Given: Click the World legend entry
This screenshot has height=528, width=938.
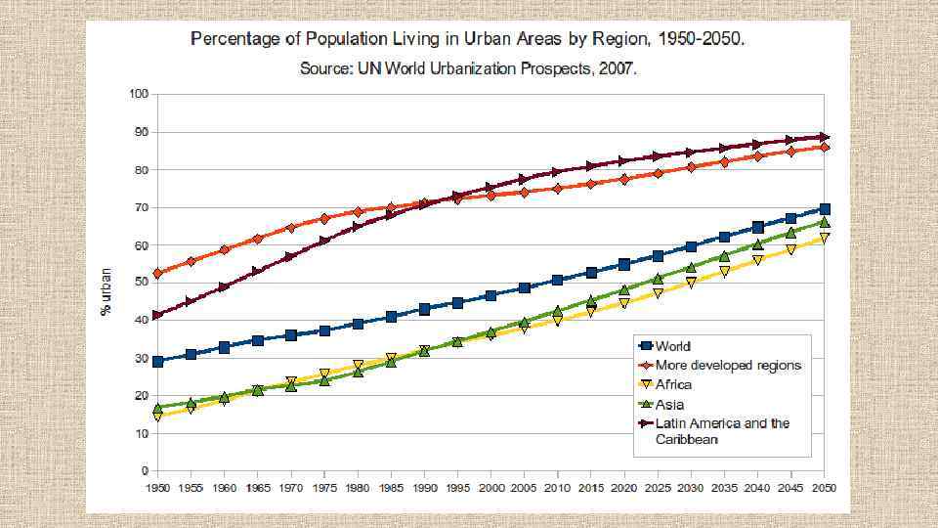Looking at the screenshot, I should click(x=673, y=346).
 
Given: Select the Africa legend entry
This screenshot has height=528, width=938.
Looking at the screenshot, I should click(x=673, y=384).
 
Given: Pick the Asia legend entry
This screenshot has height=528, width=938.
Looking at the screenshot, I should click(x=670, y=404).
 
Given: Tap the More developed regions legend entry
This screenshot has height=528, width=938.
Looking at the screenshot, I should click(x=728, y=365).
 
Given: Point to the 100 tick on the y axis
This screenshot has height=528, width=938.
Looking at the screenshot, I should click(x=138, y=94).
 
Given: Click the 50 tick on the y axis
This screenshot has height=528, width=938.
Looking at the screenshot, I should click(x=141, y=283).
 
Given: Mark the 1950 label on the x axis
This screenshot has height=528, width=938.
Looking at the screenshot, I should click(x=158, y=486).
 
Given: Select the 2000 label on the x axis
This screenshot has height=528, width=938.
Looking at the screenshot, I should click(x=491, y=486).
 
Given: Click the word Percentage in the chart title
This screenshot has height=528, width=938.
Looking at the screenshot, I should click(x=234, y=40).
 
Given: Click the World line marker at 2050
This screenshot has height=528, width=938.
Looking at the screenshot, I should click(x=825, y=208).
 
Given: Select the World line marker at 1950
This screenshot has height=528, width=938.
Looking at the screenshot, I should click(x=158, y=362).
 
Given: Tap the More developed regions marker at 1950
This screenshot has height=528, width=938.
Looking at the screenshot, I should click(x=158, y=274).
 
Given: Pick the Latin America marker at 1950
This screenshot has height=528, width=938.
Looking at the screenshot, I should click(x=158, y=315).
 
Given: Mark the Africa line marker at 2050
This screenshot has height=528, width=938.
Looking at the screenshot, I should click(x=825, y=238).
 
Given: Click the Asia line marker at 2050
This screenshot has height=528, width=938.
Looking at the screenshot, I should click(x=825, y=223).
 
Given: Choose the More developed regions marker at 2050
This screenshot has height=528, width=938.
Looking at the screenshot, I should click(x=825, y=147).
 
